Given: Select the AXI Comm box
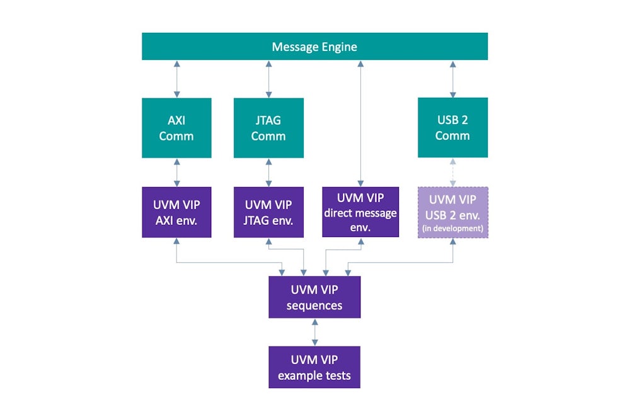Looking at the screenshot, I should pos(176,127).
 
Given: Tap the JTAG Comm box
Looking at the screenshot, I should pos(268,127).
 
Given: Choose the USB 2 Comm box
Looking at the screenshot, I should pos(452,127).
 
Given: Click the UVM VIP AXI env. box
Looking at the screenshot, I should pos(176,212).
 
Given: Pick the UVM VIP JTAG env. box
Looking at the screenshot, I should pos(268,212).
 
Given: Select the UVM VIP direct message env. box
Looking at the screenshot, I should pos(360,212).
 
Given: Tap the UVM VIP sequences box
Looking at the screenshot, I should pos(314,297).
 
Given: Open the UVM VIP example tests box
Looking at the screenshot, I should pos(314,367).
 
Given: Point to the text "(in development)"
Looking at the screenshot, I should pos(452,228).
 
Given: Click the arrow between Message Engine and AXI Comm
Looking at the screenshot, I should pos(176,79).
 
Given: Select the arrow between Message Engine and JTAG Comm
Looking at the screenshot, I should pos(268,79).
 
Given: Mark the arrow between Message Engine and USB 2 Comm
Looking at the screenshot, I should pos(452,79).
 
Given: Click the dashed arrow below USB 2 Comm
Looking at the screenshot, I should pos(452,172).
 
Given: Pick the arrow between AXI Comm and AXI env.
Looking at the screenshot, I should pos(176,172).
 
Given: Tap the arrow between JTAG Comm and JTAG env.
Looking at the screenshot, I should pos(268,172).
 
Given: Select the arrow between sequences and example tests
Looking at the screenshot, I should pos(314,332).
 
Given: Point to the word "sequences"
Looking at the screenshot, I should pos(314,306).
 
